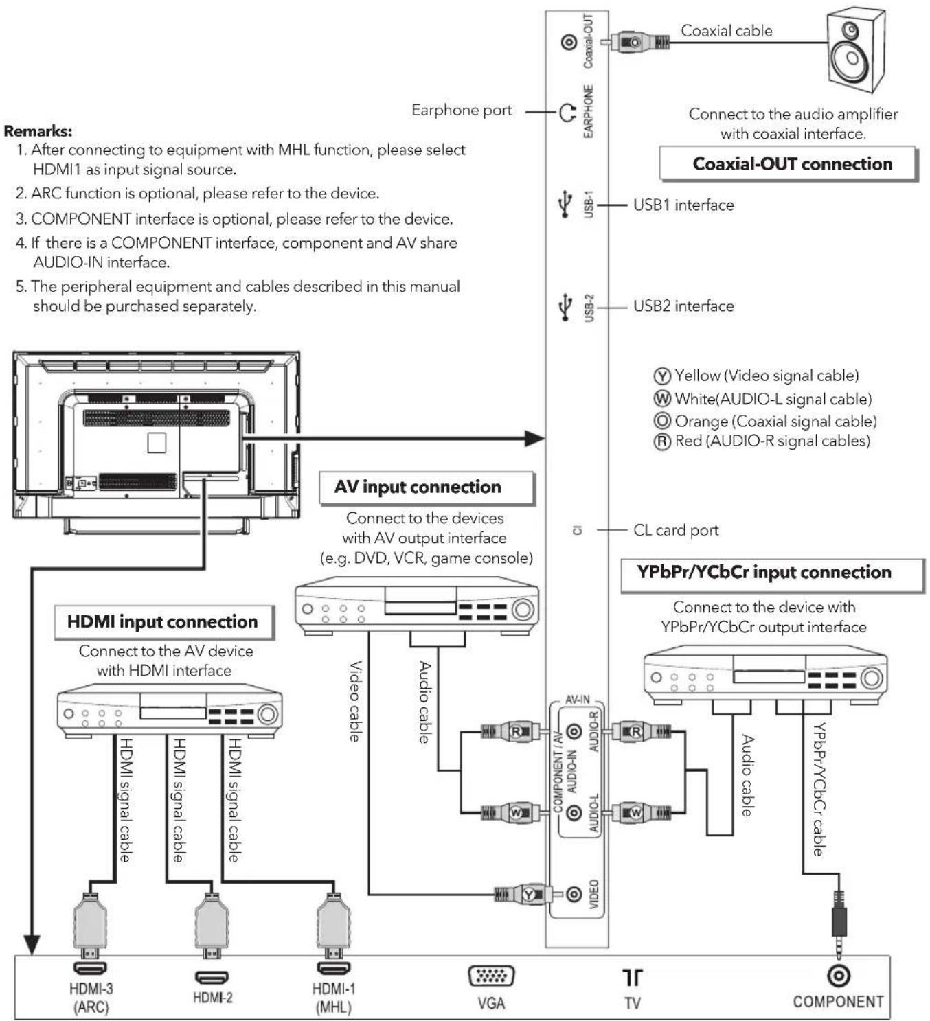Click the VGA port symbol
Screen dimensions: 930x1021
[490, 975]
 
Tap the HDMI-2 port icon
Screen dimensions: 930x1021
[212, 977]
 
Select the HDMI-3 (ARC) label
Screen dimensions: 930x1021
[91, 998]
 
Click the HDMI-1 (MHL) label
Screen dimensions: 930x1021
[334, 998]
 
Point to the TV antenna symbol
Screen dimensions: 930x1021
[632, 977]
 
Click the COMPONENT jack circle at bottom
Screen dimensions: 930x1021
[839, 975]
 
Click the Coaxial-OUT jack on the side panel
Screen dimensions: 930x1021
[569, 42]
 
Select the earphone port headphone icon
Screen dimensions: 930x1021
[567, 113]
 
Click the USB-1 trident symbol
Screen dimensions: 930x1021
[565, 204]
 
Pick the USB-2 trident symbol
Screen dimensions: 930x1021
[565, 307]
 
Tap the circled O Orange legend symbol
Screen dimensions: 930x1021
[661, 421]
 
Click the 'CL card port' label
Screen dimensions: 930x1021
[676, 530]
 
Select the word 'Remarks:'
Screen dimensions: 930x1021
[38, 131]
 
